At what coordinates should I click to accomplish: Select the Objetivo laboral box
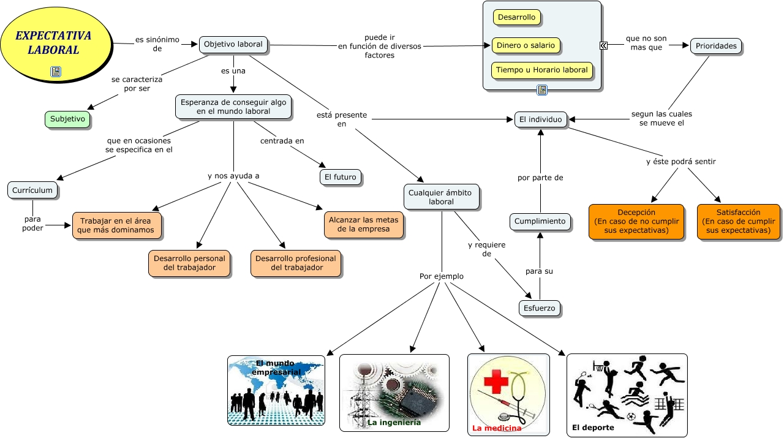coord(233,44)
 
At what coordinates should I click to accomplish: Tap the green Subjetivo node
coord(67,119)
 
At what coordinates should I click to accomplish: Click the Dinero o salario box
coord(526,45)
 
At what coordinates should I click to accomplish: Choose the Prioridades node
coord(716,46)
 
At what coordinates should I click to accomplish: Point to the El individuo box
coord(540,120)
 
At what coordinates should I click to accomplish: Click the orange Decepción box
coord(636,221)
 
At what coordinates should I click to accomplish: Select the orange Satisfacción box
coord(739,221)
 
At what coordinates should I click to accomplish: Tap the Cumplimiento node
coord(540,221)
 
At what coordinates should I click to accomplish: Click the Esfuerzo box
coord(540,308)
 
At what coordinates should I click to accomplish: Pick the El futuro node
coord(341,177)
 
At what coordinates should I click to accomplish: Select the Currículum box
coord(32,191)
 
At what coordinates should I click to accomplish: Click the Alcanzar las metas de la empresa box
coord(363,225)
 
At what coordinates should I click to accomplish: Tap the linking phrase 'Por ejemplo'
coord(442,276)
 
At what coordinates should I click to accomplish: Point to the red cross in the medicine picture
coord(496,383)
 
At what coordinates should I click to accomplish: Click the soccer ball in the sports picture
coord(631,417)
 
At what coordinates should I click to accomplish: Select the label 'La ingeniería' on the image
coord(394,423)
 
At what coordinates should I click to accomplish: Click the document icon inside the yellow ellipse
coord(56,72)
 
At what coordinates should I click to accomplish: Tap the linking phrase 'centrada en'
coord(282,141)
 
